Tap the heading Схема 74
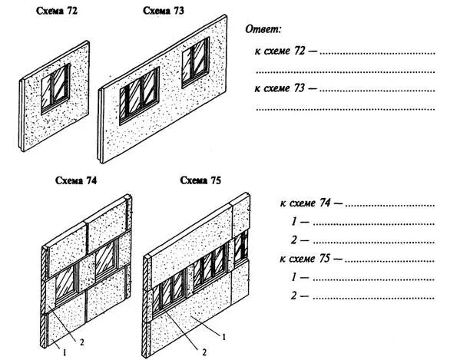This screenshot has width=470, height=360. coord(76,181)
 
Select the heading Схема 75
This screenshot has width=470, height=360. coord(200,181)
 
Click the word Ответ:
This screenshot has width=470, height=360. coord(263,29)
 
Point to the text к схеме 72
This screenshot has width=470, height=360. coord(280,51)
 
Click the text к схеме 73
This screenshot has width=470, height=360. coord(280,89)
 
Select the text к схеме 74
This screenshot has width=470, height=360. coord(306,204)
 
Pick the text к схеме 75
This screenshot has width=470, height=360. coord(306,259)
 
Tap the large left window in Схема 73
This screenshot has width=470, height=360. coord(138,94)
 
